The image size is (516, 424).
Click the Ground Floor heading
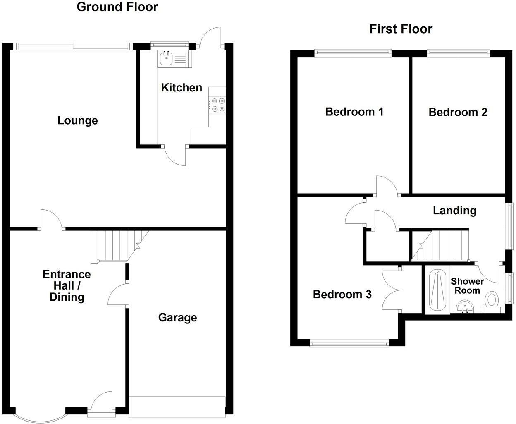pyautogui.click(x=117, y=7)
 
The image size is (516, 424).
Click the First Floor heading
pyautogui.click(x=401, y=29)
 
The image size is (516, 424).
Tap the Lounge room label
pyautogui.click(x=78, y=120)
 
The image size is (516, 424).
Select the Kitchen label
pyautogui.click(x=182, y=88)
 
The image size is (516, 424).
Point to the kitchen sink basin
pyautogui.click(x=166, y=59)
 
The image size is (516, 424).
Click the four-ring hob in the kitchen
pyautogui.click(x=217, y=105)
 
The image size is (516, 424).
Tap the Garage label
pyautogui.click(x=178, y=318)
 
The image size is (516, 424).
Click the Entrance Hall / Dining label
pyautogui.click(x=67, y=286)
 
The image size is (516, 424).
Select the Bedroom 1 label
pyautogui.click(x=354, y=112)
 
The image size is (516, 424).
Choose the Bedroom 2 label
pyautogui.click(x=458, y=112)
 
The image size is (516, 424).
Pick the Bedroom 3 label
pyautogui.click(x=342, y=294)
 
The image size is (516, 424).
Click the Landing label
pyautogui.click(x=454, y=211)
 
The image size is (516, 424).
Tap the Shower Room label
pyautogui.click(x=467, y=286)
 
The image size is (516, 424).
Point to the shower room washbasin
pyautogui.click(x=465, y=307)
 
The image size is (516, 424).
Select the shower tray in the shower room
pyautogui.click(x=438, y=290)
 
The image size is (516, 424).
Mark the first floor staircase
pyautogui.click(x=440, y=246)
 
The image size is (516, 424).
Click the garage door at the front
pyautogui.click(x=177, y=407)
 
